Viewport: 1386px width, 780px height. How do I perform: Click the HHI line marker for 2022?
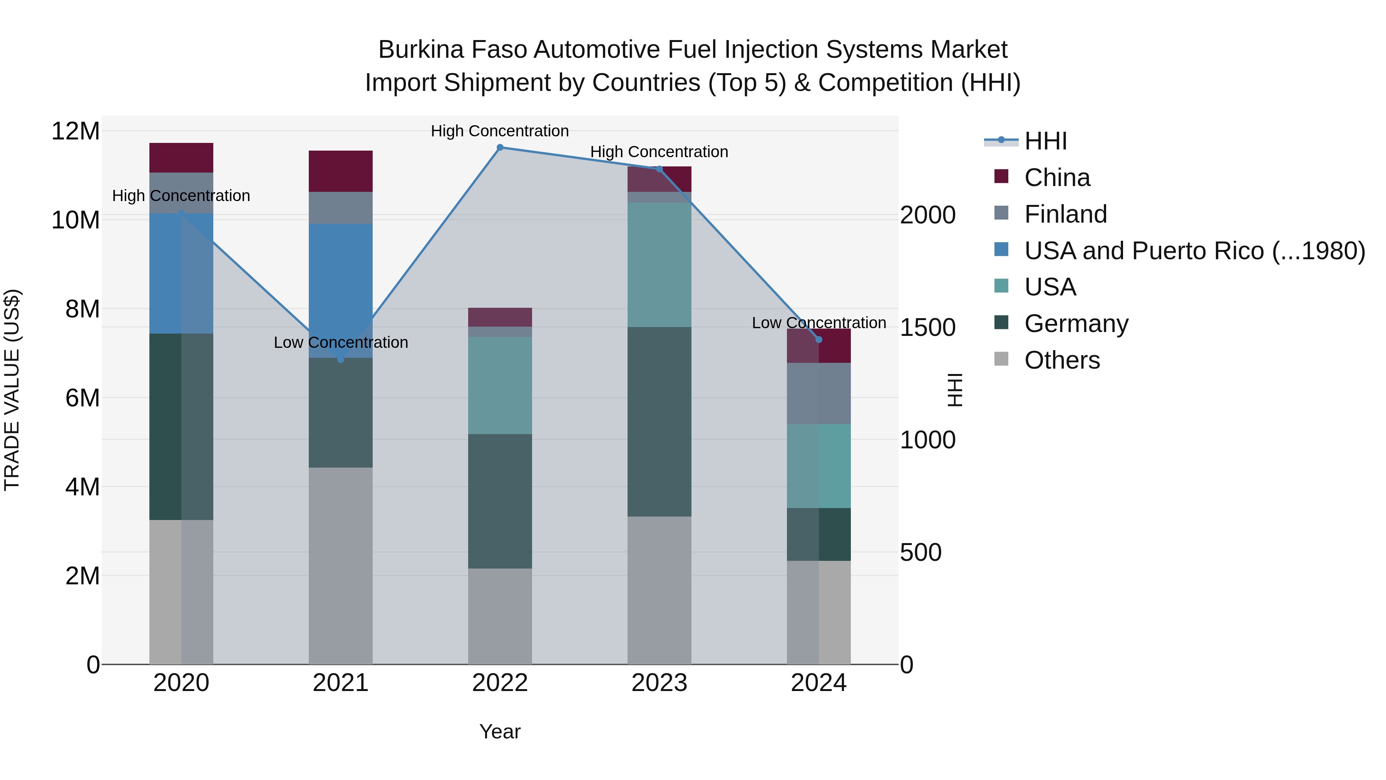pos(500,148)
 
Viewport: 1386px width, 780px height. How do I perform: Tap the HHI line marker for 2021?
pos(341,359)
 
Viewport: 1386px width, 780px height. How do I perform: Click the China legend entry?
pos(1057,178)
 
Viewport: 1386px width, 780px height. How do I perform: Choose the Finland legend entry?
pos(1065,214)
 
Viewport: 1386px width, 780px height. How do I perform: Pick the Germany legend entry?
pos(1076,324)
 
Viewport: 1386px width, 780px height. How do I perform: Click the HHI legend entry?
pos(1045,141)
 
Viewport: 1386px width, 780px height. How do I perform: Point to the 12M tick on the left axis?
pos(75,131)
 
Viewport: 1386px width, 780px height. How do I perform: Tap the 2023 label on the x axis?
pos(659,683)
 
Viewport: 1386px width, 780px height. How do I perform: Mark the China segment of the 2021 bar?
pos(341,171)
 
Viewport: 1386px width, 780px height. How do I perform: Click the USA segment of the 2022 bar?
pos(500,386)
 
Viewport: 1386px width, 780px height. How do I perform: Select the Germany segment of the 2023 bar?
pos(659,421)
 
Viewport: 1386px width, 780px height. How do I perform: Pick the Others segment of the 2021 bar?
pos(341,565)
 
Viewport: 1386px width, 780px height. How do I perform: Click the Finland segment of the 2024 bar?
pos(819,394)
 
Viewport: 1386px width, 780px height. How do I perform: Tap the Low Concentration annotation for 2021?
pos(341,342)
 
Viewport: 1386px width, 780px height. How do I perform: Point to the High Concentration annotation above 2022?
pos(499,131)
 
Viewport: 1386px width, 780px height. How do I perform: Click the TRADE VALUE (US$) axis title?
pos(12,390)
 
